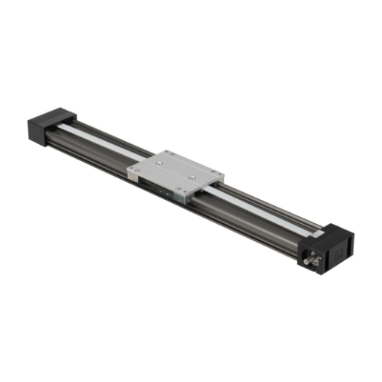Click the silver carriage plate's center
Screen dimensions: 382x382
pyautogui.click(x=177, y=174)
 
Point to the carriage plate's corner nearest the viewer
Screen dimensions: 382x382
pyautogui.click(x=179, y=200)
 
